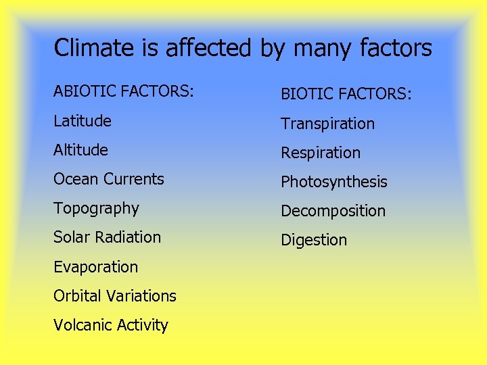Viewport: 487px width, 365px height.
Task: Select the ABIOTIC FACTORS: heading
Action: [x=124, y=91]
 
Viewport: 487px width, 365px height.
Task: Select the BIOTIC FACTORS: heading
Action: [x=346, y=94]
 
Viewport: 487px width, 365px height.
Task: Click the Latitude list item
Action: [x=83, y=121]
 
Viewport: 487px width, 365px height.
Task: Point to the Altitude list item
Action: [x=80, y=150]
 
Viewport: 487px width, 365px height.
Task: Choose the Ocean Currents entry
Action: [x=109, y=179]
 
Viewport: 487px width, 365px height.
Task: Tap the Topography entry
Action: [x=96, y=209]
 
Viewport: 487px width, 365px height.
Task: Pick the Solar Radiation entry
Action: [x=107, y=237]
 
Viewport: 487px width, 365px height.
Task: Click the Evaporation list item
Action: [x=95, y=267]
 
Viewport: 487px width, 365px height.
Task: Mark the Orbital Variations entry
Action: [x=114, y=296]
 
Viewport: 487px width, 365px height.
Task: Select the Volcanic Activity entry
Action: [x=110, y=325]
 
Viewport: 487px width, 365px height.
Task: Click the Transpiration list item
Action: [x=327, y=124]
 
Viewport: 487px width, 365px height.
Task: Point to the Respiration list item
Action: [x=321, y=153]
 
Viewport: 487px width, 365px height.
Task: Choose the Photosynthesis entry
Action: [x=334, y=182]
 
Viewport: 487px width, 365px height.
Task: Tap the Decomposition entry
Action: [x=333, y=211]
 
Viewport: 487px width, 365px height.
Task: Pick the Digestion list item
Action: [x=314, y=240]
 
